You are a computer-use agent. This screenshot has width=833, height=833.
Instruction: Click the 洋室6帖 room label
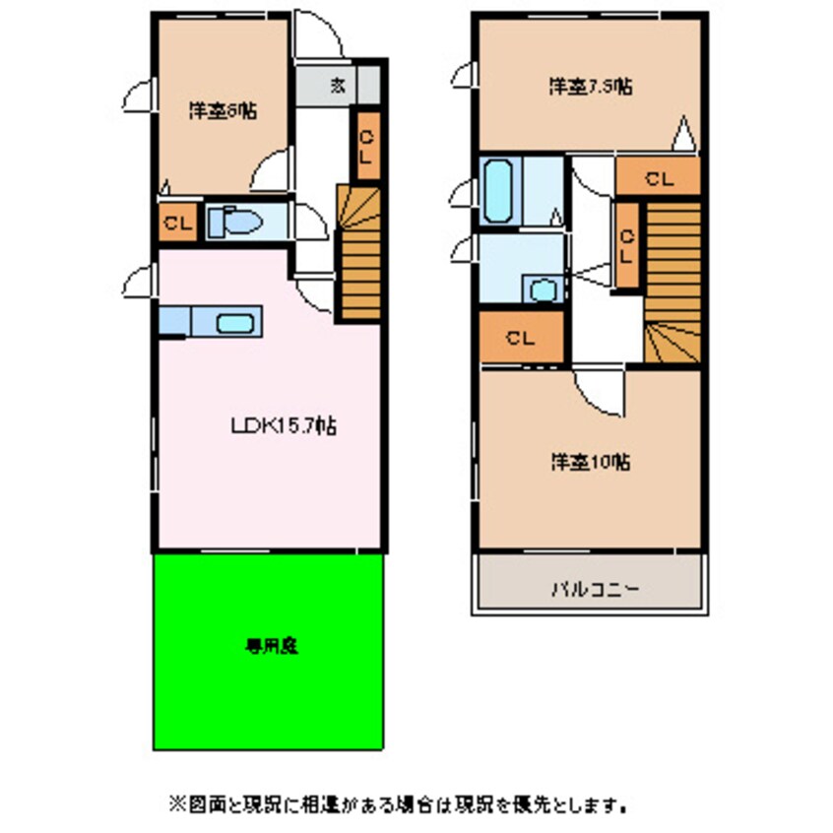tap(224, 112)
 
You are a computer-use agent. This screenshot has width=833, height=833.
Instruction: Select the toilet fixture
tap(234, 222)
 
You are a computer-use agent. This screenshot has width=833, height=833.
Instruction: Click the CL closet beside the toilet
tap(177, 223)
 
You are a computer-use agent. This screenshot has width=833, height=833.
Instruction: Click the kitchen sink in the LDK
tap(237, 322)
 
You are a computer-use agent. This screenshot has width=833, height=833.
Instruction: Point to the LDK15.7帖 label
tap(285, 426)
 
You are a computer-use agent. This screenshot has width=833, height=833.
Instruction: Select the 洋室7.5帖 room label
tap(590, 86)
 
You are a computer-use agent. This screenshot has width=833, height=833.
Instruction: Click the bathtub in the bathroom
tap(500, 190)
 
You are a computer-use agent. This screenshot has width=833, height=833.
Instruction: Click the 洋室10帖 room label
tap(590, 460)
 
